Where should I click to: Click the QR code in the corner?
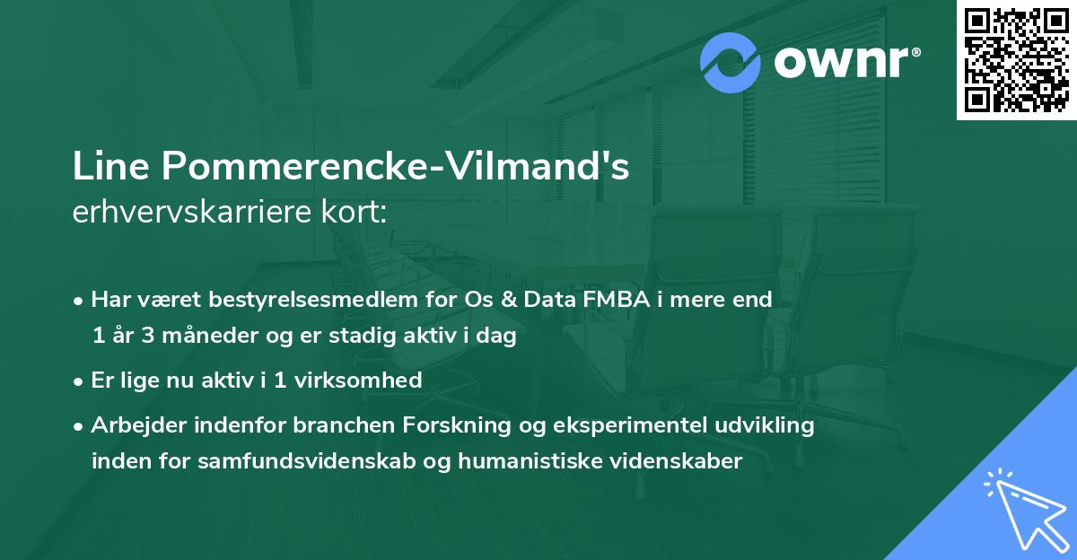[1017, 60]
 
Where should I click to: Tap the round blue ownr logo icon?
[731, 63]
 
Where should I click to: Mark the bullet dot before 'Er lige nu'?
[80, 381]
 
